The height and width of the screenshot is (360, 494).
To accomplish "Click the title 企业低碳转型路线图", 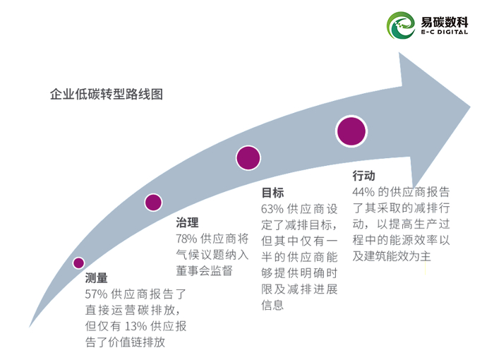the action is [x=107, y=94].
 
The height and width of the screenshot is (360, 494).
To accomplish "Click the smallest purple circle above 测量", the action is [x=78, y=263].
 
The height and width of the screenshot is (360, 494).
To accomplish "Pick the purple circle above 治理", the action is [x=153, y=203].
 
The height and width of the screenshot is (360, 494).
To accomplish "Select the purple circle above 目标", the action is [x=248, y=157].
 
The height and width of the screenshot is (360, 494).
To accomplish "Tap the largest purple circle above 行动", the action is [x=351, y=131].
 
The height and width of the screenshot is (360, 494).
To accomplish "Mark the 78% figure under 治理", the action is [x=187, y=239].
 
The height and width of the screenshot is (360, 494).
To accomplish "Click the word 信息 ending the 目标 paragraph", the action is [x=272, y=306].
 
